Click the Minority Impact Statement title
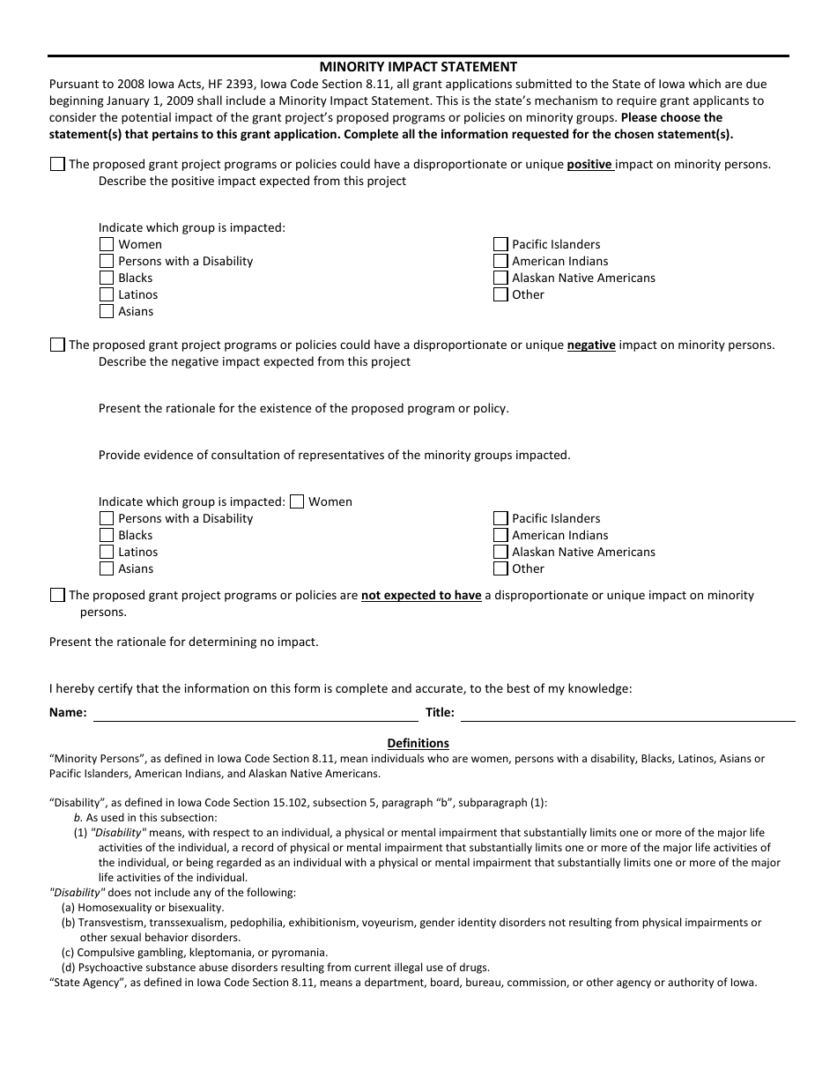[x=418, y=67]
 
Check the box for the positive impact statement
[x=57, y=164]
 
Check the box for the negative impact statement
[x=57, y=345]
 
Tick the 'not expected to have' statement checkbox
[x=57, y=595]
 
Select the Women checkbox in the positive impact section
[x=107, y=244]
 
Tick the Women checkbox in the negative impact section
[x=297, y=501]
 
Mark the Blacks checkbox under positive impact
[x=107, y=278]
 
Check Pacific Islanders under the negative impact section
[x=500, y=518]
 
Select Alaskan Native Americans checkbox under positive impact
[x=500, y=278]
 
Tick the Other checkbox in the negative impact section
[x=500, y=568]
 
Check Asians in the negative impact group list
[x=107, y=568]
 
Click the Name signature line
[x=256, y=713]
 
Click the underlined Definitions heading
[x=418, y=743]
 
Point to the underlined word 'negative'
[x=590, y=345]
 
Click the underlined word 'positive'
[x=589, y=165]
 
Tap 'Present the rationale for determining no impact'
[x=184, y=642]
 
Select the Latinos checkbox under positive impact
[x=107, y=294]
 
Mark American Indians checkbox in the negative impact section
[x=500, y=535]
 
